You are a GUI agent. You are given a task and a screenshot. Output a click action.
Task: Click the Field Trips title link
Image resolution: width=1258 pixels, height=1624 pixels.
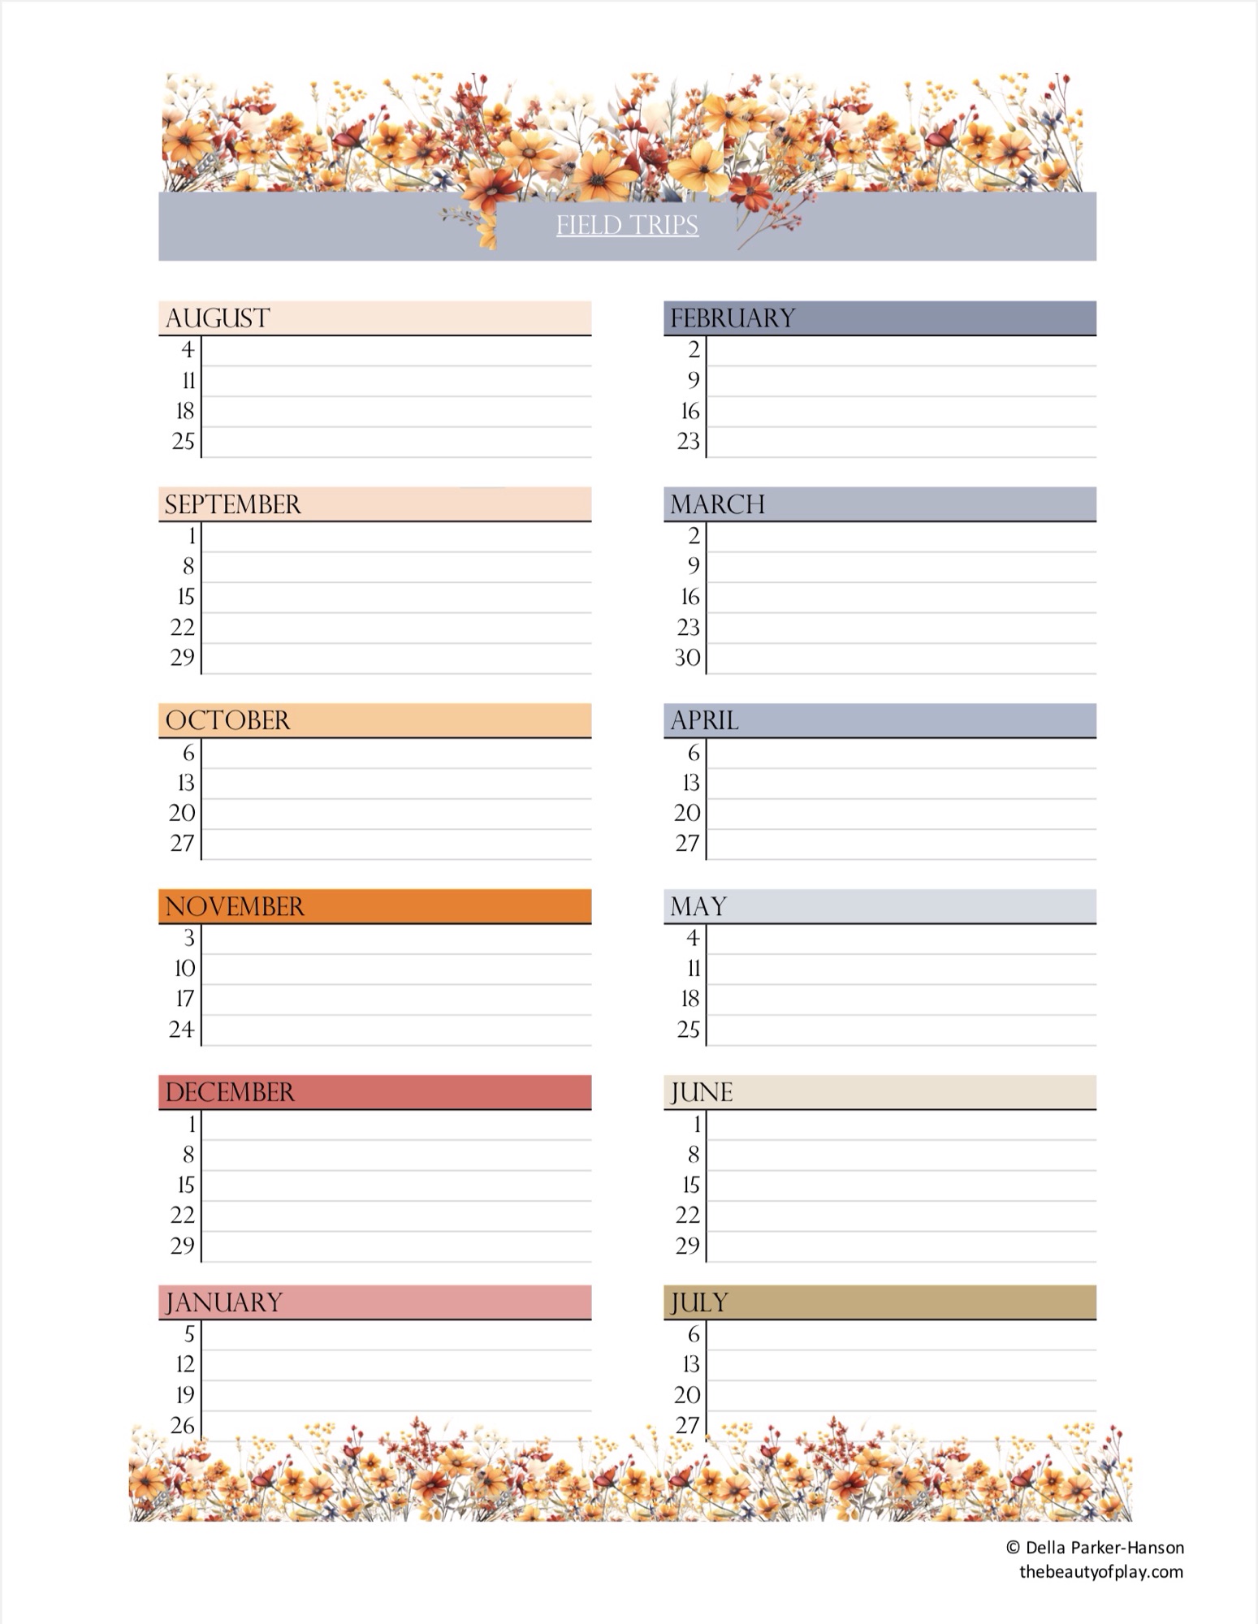(x=627, y=225)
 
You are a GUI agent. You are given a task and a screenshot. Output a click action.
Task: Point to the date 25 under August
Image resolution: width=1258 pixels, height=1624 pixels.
(x=184, y=442)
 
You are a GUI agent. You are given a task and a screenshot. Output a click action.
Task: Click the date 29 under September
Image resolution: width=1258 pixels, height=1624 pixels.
(x=183, y=658)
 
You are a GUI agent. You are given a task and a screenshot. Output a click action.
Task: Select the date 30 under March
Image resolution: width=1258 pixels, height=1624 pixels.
(x=688, y=658)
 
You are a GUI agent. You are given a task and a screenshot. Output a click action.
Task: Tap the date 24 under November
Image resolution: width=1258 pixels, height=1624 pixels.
(x=182, y=1030)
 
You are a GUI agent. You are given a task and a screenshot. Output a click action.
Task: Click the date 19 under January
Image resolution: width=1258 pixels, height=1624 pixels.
(x=185, y=1395)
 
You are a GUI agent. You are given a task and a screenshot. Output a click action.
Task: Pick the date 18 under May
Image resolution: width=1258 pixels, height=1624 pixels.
(x=690, y=999)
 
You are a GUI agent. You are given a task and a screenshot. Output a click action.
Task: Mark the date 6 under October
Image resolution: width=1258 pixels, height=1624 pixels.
(x=188, y=753)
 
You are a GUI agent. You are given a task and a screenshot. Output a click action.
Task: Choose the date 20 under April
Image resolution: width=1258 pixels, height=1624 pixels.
(x=687, y=813)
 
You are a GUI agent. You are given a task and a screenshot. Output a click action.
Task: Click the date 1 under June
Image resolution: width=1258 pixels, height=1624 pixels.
(x=696, y=1125)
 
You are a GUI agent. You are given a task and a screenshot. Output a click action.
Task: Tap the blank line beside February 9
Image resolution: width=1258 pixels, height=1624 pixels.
(x=901, y=382)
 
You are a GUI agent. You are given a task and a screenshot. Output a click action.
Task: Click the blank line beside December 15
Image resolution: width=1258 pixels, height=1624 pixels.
(x=396, y=1186)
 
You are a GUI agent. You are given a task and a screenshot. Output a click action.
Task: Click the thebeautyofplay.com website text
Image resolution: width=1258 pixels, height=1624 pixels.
(x=1100, y=1571)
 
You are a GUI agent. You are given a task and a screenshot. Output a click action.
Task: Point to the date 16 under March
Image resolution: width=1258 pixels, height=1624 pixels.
(x=690, y=597)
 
